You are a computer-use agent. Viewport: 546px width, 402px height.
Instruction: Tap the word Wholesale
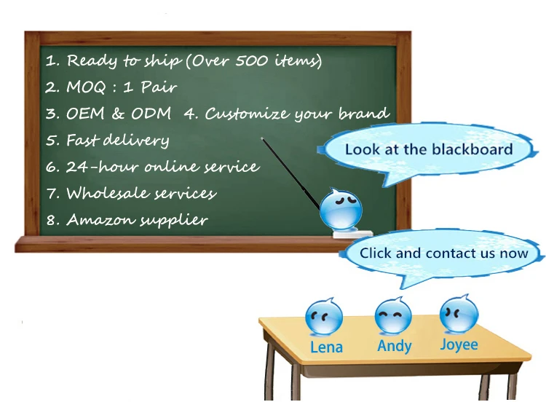tap(103, 193)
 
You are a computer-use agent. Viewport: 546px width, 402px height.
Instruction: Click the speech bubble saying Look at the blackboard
tap(428, 149)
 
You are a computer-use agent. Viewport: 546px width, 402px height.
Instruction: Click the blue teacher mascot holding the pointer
tap(339, 210)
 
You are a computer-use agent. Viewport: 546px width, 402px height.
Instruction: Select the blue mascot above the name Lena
tap(324, 317)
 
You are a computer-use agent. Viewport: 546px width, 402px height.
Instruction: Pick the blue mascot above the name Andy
tap(393, 316)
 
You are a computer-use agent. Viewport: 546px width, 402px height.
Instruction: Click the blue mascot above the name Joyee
tap(459, 314)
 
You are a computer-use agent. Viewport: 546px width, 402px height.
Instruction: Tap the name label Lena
tap(326, 347)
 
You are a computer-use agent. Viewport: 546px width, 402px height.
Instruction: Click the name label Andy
tap(395, 346)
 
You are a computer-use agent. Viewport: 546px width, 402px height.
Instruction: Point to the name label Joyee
tap(459, 344)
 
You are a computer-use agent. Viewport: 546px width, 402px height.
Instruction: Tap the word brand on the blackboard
tap(363, 114)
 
